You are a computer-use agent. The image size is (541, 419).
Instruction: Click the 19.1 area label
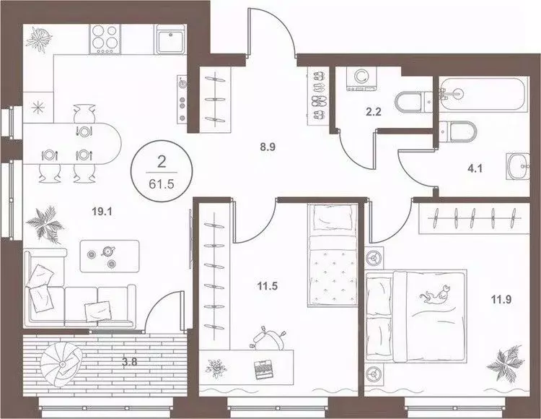coord(102,212)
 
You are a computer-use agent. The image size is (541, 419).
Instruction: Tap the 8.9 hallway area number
coord(268,147)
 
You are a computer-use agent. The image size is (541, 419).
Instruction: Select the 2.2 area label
coord(374,111)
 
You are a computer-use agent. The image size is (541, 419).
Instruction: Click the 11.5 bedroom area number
coord(268,286)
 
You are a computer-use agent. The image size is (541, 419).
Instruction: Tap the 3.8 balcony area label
coord(130,363)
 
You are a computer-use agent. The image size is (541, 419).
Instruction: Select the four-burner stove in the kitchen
coord(105,39)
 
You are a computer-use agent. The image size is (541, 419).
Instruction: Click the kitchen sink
coord(171,39)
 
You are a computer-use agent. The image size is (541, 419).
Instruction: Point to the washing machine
coord(361,79)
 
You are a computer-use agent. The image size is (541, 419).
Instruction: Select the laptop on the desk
coord(263,369)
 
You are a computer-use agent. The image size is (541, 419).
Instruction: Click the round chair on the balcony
coord(61,364)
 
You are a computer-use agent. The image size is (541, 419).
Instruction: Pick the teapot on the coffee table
coord(108,251)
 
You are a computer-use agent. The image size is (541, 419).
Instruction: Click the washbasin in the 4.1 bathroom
coord(517,166)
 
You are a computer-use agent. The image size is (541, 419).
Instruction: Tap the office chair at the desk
coord(268,339)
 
